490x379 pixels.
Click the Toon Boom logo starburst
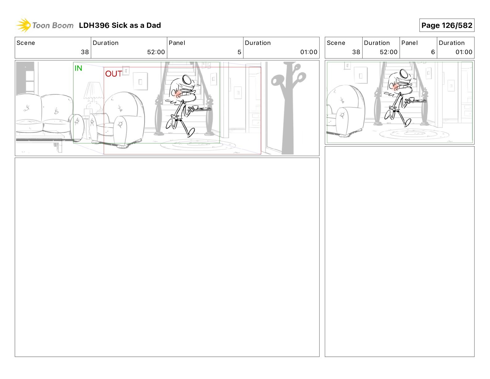coord(24,25)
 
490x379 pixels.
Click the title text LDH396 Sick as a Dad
coord(120,25)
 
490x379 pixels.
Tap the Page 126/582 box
coord(447,25)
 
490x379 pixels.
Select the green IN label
coord(78,68)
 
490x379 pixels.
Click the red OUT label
coord(114,74)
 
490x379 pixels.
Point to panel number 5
coord(239,52)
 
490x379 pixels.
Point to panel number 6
coord(433,52)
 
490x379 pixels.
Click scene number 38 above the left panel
coord(85,52)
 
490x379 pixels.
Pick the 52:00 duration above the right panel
coord(389,52)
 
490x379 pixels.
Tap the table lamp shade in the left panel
coord(93,90)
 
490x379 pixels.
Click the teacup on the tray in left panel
coord(195,107)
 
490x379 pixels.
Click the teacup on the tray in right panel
coord(412,99)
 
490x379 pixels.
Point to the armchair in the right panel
coord(345,111)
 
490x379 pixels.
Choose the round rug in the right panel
coord(414,134)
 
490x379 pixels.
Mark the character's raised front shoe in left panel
coord(191,133)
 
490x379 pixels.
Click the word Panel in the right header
coord(409,43)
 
